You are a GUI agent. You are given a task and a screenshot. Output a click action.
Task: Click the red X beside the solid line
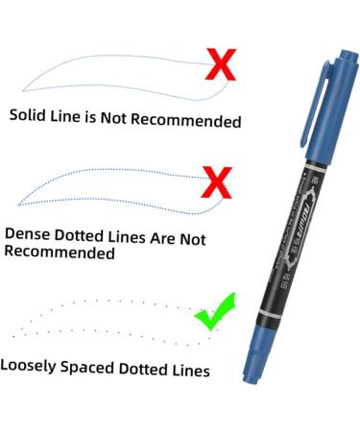click(x=222, y=66)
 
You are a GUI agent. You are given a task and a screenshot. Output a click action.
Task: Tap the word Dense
click(x=31, y=233)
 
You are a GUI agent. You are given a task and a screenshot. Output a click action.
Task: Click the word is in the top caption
click(x=108, y=118)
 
